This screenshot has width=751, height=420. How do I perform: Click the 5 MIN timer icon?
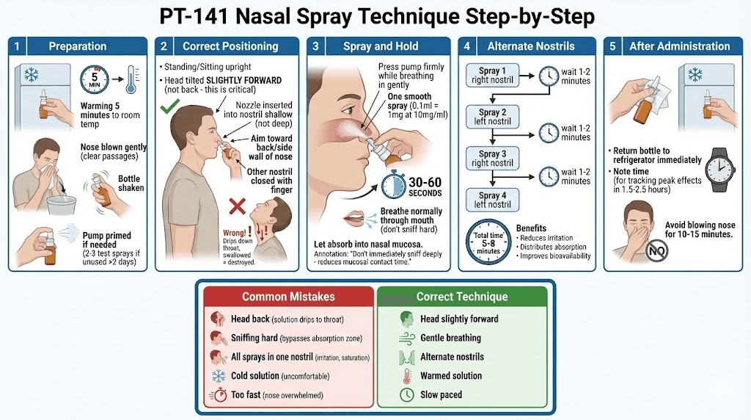click(94, 79)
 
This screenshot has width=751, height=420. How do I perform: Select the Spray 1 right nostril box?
click(488, 76)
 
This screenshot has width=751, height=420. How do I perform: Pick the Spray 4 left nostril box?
click(488, 200)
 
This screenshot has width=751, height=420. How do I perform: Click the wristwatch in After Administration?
click(718, 168)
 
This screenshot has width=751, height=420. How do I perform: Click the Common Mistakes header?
click(288, 297)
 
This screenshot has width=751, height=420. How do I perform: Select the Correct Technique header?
click(461, 297)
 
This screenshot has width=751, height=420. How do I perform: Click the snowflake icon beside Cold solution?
click(219, 376)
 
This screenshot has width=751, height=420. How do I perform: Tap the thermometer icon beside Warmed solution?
click(406, 376)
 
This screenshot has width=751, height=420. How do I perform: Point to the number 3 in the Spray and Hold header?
click(315, 46)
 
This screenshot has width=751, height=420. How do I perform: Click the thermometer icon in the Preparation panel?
click(131, 79)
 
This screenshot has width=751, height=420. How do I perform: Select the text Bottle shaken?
click(131, 183)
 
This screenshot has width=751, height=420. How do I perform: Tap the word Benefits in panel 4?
click(531, 228)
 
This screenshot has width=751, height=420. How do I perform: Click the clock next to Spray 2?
click(549, 132)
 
